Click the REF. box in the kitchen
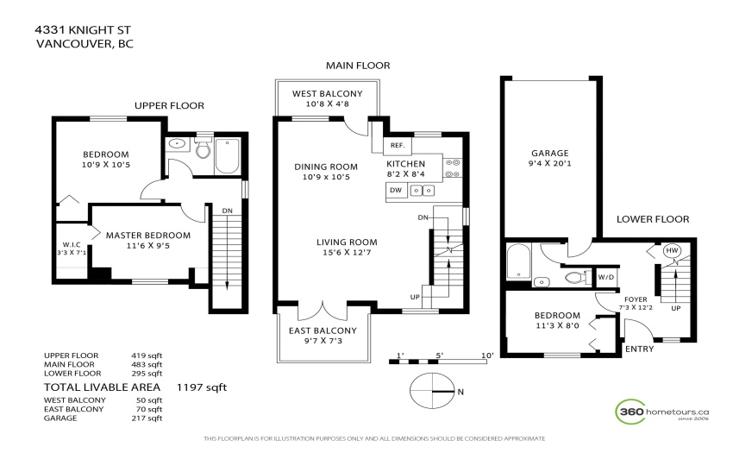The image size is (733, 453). pyautogui.click(x=398, y=146)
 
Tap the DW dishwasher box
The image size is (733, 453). pyautogui.click(x=396, y=190)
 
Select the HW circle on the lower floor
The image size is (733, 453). pyautogui.click(x=672, y=250)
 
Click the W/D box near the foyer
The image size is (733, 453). pyautogui.click(x=606, y=277)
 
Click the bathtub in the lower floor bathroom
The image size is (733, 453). pyautogui.click(x=519, y=261)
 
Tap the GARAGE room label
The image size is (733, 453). pyautogui.click(x=550, y=153)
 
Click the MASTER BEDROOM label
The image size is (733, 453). pyautogui.click(x=148, y=236)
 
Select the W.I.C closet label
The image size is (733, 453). pyautogui.click(x=72, y=245)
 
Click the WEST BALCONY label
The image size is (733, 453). pyautogui.click(x=327, y=93)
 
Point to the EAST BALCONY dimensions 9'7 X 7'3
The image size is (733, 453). pyautogui.click(x=323, y=341)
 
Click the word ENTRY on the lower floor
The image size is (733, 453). pyautogui.click(x=640, y=349)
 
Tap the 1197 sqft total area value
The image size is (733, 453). pyautogui.click(x=202, y=387)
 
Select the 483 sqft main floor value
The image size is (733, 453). pyautogui.click(x=147, y=364)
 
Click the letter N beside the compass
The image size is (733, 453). pyautogui.click(x=460, y=392)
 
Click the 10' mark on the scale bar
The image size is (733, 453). pyautogui.click(x=487, y=355)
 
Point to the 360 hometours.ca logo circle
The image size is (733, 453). pyautogui.click(x=630, y=412)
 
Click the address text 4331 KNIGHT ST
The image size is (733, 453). pyautogui.click(x=83, y=30)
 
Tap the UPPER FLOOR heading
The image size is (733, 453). pyautogui.click(x=169, y=106)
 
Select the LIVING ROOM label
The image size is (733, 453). pyautogui.click(x=347, y=242)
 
